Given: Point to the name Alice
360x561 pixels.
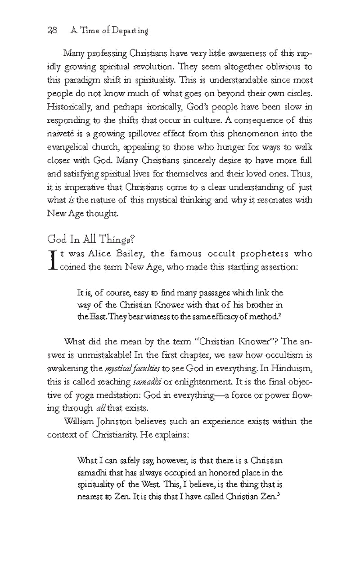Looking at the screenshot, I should pyautogui.click(x=99, y=254).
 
